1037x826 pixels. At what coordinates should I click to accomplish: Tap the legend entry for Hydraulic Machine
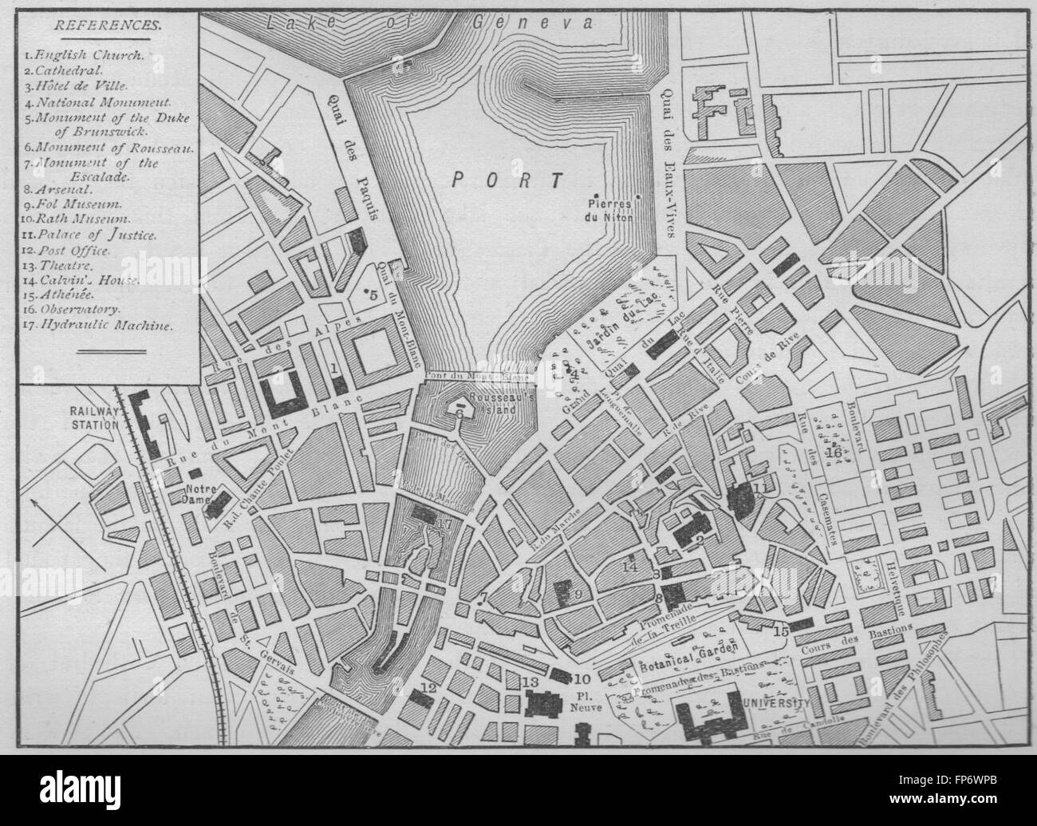point(100,326)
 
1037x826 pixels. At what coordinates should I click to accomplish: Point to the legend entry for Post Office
point(78,249)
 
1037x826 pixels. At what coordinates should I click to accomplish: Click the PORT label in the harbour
point(507,178)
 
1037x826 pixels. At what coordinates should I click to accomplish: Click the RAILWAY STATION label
point(93,417)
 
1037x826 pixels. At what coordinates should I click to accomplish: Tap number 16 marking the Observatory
point(834,453)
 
